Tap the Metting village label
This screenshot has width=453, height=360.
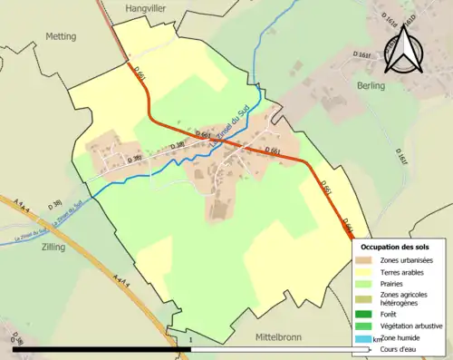[x=61, y=36]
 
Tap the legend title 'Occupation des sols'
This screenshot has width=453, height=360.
[x=397, y=247]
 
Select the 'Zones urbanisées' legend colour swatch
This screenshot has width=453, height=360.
[x=366, y=261]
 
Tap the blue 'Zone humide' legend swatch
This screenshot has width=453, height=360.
[x=366, y=337]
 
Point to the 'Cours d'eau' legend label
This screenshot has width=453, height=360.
[x=403, y=348]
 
